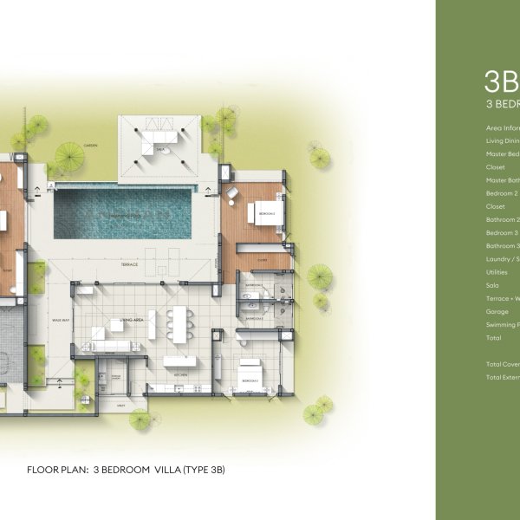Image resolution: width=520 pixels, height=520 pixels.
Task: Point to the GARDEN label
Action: pyautogui.click(x=91, y=145)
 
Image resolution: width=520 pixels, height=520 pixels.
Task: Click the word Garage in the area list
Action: pyautogui.click(x=497, y=311)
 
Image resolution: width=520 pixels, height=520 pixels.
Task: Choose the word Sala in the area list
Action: pyautogui.click(x=492, y=284)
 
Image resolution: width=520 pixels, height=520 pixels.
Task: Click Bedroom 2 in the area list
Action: pyautogui.click(x=502, y=193)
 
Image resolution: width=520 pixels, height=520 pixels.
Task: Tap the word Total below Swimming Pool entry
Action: pyautogui.click(x=493, y=338)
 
